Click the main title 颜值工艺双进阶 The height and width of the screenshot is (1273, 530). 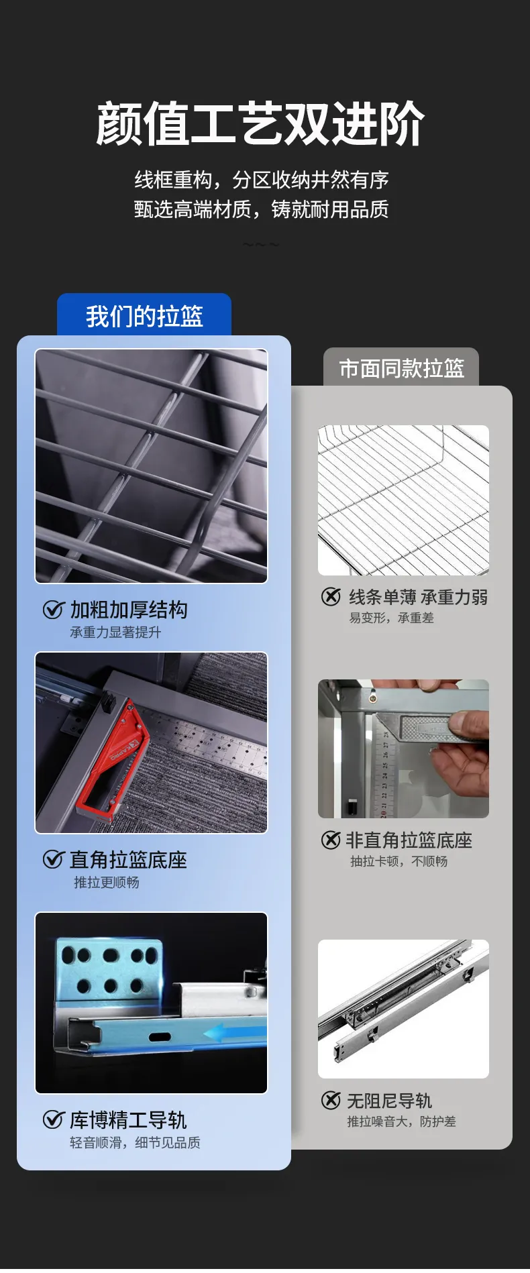(x=261, y=123)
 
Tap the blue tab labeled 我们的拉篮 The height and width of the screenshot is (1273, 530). (x=144, y=315)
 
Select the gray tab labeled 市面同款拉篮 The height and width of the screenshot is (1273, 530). (x=401, y=368)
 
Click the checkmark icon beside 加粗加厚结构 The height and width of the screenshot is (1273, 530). (x=53, y=610)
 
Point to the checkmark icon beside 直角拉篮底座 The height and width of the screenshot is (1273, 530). (x=53, y=859)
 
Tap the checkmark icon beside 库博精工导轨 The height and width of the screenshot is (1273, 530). (x=53, y=1119)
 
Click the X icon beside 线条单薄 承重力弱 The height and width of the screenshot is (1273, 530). (x=331, y=596)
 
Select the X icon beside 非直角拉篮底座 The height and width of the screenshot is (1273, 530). (x=331, y=840)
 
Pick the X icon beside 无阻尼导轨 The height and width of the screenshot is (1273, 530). (x=331, y=1100)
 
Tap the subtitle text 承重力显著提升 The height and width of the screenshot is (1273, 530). (x=115, y=632)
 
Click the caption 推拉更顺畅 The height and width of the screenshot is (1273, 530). (x=107, y=882)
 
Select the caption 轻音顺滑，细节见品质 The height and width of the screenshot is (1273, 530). (x=136, y=1142)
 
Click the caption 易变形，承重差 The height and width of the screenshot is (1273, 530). (x=392, y=618)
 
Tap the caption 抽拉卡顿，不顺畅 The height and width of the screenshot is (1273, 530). (x=399, y=861)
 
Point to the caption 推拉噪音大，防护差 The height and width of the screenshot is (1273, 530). (x=401, y=1121)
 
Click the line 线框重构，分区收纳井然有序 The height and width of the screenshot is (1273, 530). (x=262, y=180)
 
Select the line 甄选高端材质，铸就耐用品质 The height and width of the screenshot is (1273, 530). (x=262, y=210)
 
